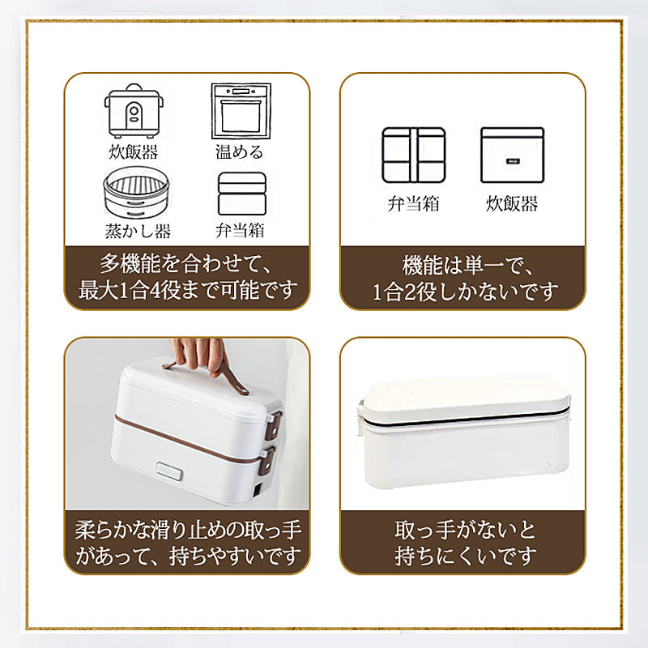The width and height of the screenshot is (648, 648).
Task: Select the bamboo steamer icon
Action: pos(134,192)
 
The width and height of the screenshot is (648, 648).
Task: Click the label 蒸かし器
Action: pos(138,231)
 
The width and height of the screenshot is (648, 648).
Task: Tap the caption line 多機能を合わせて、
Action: pos(186,264)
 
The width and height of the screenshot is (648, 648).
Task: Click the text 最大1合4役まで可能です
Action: pos(186,290)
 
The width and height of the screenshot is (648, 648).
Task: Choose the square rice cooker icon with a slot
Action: pos(512,155)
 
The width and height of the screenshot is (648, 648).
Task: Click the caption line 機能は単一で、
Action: pos(463,265)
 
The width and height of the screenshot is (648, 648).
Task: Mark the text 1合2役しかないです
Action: pos(463,291)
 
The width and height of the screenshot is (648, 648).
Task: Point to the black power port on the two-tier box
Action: pos(257,488)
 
